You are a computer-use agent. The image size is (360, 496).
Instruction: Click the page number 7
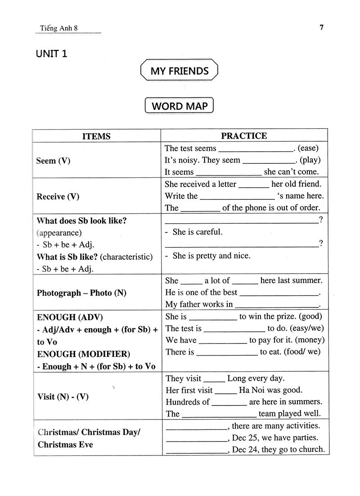(321, 27)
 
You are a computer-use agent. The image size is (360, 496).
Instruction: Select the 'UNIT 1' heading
(52, 54)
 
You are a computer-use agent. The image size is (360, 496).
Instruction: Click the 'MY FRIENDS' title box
(180, 71)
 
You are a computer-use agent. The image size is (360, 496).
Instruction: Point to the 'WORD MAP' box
(179, 106)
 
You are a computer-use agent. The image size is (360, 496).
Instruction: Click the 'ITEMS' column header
(96, 136)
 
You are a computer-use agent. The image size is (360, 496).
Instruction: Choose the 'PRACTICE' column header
(244, 135)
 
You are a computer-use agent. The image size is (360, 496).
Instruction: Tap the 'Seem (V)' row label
(54, 160)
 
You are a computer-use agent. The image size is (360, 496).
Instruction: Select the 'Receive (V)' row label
(58, 196)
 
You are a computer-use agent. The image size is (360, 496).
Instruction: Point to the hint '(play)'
(310, 160)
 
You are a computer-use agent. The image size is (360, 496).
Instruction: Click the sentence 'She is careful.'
(197, 232)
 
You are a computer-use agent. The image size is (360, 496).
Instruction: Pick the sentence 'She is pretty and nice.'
(211, 256)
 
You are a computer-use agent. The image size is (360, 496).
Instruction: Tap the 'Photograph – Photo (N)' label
(81, 293)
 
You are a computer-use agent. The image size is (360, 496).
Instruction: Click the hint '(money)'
(310, 340)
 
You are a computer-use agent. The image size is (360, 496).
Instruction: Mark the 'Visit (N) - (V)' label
(63, 397)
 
